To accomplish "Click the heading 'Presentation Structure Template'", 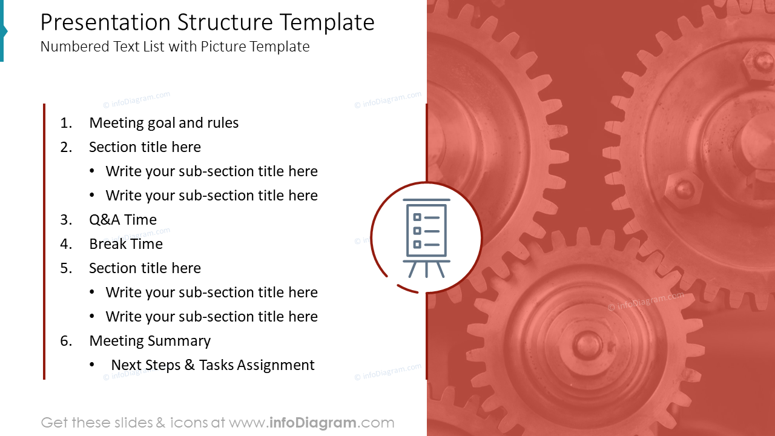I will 207,23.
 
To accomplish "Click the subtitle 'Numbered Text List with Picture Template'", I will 175,47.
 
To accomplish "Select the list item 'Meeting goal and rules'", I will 163,123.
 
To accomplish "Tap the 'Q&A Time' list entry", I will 123,220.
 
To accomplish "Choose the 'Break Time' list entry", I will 126,244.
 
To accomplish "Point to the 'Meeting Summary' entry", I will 150,341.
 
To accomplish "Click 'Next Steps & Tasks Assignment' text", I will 213,365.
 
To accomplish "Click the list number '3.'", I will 66,220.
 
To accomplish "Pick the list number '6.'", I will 66,341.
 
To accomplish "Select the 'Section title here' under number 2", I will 145,147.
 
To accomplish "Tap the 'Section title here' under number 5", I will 145,268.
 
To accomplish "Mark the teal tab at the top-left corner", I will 2,30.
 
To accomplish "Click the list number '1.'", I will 66,123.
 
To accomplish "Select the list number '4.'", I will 66,244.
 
